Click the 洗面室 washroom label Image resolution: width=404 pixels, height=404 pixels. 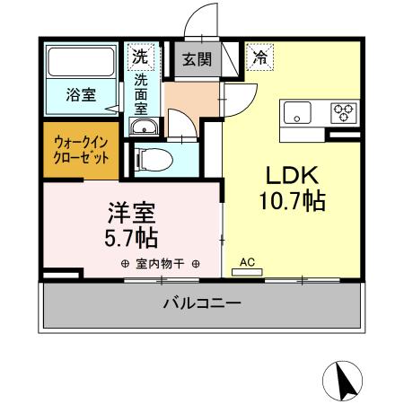[141, 92]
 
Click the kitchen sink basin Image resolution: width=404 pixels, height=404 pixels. [296, 112]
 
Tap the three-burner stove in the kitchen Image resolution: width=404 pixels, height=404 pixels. [342, 112]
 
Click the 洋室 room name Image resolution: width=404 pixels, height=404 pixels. [132, 213]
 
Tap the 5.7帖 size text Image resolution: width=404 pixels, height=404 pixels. [132, 238]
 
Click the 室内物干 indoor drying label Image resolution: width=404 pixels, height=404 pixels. [159, 265]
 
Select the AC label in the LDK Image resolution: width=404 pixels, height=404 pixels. [249, 262]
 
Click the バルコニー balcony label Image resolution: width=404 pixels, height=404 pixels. [201, 304]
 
